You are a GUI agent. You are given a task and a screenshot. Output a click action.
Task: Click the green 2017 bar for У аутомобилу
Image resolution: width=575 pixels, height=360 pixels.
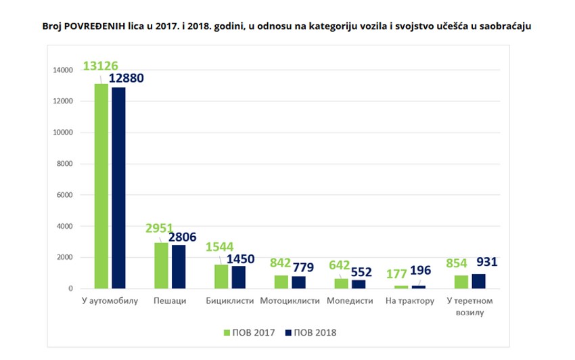coord(101,186)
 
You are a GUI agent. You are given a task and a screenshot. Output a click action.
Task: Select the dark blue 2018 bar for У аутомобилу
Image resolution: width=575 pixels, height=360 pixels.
coord(118,188)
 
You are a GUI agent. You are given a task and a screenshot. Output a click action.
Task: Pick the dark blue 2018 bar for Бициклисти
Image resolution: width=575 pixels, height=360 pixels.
coord(239,277)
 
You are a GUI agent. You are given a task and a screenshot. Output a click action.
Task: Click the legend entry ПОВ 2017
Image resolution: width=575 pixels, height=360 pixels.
coord(250,332)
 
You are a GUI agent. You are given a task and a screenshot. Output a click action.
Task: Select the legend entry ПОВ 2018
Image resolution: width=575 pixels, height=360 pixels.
coord(310,332)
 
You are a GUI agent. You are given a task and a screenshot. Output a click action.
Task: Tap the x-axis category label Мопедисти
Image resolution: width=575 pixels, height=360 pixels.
coord(350,300)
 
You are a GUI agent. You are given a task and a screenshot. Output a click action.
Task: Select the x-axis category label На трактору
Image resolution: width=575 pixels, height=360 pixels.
coord(409,300)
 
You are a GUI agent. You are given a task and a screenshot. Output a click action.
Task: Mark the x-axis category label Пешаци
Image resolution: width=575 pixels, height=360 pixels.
coord(170,300)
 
